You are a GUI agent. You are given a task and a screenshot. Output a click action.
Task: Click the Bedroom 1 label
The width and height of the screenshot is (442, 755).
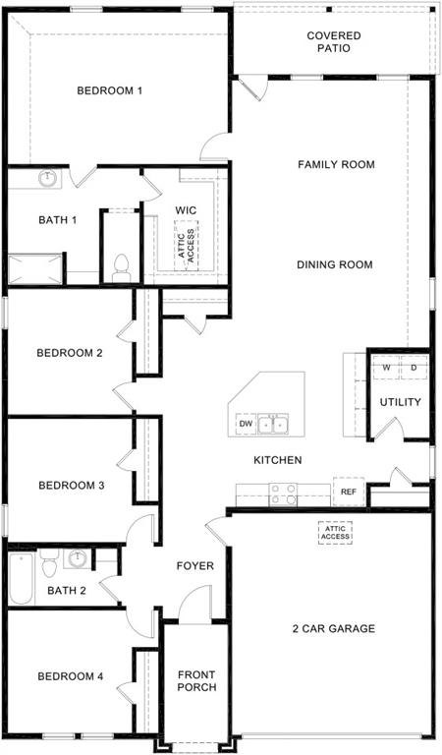tap(110, 91)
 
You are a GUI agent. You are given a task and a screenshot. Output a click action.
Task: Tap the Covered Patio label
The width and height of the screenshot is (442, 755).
tap(333, 43)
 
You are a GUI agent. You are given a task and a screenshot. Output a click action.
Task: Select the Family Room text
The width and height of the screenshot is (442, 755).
tap(336, 165)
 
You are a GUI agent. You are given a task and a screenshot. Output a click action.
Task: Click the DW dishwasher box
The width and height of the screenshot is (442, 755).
tap(244, 425)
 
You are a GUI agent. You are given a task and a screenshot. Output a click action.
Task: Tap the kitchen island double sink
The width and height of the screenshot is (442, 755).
tap(273, 425)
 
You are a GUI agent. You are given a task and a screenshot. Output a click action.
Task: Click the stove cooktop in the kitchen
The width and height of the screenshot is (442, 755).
tap(284, 494)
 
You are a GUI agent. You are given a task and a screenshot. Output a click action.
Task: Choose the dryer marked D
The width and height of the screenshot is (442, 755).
tap(414, 369)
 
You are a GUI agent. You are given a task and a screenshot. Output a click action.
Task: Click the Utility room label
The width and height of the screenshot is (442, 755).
tap(400, 402)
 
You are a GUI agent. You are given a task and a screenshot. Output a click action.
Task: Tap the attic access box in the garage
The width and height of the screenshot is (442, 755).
tap(333, 533)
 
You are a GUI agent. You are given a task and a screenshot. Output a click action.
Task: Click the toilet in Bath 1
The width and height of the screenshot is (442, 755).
tap(122, 266)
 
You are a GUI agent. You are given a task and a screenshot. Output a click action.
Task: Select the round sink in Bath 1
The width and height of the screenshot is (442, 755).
tap(47, 179)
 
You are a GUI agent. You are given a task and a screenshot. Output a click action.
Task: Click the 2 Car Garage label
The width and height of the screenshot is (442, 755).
tap(333, 628)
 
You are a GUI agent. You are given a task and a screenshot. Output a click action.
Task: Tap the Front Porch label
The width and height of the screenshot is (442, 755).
tap(196, 681)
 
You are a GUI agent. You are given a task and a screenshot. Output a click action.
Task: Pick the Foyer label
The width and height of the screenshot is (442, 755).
tap(194, 566)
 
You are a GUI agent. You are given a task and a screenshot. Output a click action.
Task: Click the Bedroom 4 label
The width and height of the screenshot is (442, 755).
tap(70, 676)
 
